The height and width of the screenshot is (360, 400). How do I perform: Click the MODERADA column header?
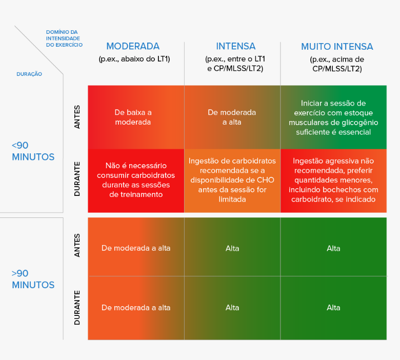tap(133, 46)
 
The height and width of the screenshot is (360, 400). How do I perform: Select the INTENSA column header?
tap(236, 46)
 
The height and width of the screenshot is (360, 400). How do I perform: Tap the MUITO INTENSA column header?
tap(337, 47)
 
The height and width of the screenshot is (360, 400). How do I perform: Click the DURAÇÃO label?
tap(29, 74)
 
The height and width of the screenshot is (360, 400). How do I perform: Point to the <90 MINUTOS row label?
tap(33, 151)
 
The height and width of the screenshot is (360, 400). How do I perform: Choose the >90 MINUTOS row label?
tap(33, 279)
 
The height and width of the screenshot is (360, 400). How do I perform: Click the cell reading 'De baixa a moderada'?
tap(133, 117)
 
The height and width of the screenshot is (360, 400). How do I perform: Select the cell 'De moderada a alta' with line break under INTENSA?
tap(232, 117)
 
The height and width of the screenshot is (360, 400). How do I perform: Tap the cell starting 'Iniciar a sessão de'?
tap(333, 117)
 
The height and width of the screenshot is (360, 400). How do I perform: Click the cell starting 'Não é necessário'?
tap(136, 180)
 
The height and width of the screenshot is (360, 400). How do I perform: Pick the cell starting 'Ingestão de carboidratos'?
tap(232, 180)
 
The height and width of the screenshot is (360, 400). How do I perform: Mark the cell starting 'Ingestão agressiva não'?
tap(333, 180)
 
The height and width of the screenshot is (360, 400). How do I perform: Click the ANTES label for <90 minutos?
tap(77, 117)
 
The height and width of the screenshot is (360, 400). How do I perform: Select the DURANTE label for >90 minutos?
tap(77, 308)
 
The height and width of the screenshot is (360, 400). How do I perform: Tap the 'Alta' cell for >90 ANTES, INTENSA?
tap(232, 248)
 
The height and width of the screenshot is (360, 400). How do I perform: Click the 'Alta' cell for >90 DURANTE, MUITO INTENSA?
tap(333, 308)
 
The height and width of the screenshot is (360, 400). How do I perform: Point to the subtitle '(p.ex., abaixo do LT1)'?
tap(134, 59)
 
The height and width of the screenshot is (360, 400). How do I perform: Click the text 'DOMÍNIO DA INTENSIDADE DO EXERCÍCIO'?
tap(64, 38)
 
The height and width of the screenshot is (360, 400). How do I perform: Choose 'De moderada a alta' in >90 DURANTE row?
tap(136, 308)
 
